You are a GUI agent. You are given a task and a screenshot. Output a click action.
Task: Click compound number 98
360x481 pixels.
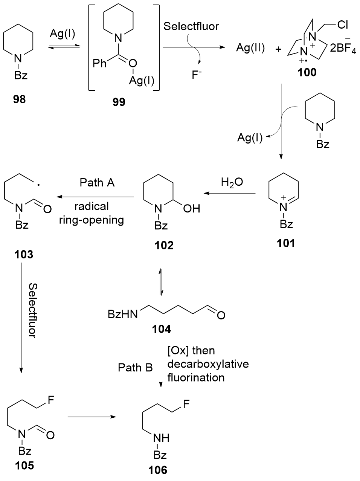[19, 100]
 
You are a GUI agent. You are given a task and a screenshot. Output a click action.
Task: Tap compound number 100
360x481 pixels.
[307, 72]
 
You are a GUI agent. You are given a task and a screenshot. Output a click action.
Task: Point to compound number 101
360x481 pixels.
[286, 243]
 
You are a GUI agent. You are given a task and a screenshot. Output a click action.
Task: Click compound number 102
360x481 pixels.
[164, 245]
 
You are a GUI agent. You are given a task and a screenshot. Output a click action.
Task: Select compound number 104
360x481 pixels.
[162, 329]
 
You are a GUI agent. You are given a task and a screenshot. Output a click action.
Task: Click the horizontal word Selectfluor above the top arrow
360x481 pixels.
[191, 26]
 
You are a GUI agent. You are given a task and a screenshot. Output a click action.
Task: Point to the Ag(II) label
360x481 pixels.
[250, 48]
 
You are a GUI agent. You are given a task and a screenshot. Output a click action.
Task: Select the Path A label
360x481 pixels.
[97, 183]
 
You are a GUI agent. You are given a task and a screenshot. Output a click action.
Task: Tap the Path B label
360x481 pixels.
[135, 367]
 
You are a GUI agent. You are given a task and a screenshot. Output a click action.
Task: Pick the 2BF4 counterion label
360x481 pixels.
[342, 49]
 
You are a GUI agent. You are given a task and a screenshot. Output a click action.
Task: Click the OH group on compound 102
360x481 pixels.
[191, 209]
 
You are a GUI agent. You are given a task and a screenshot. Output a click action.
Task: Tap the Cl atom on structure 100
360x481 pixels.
[343, 25]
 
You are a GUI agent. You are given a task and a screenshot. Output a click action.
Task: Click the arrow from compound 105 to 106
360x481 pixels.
[91, 417]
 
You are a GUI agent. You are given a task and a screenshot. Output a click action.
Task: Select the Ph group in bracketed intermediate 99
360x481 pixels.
[100, 63]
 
